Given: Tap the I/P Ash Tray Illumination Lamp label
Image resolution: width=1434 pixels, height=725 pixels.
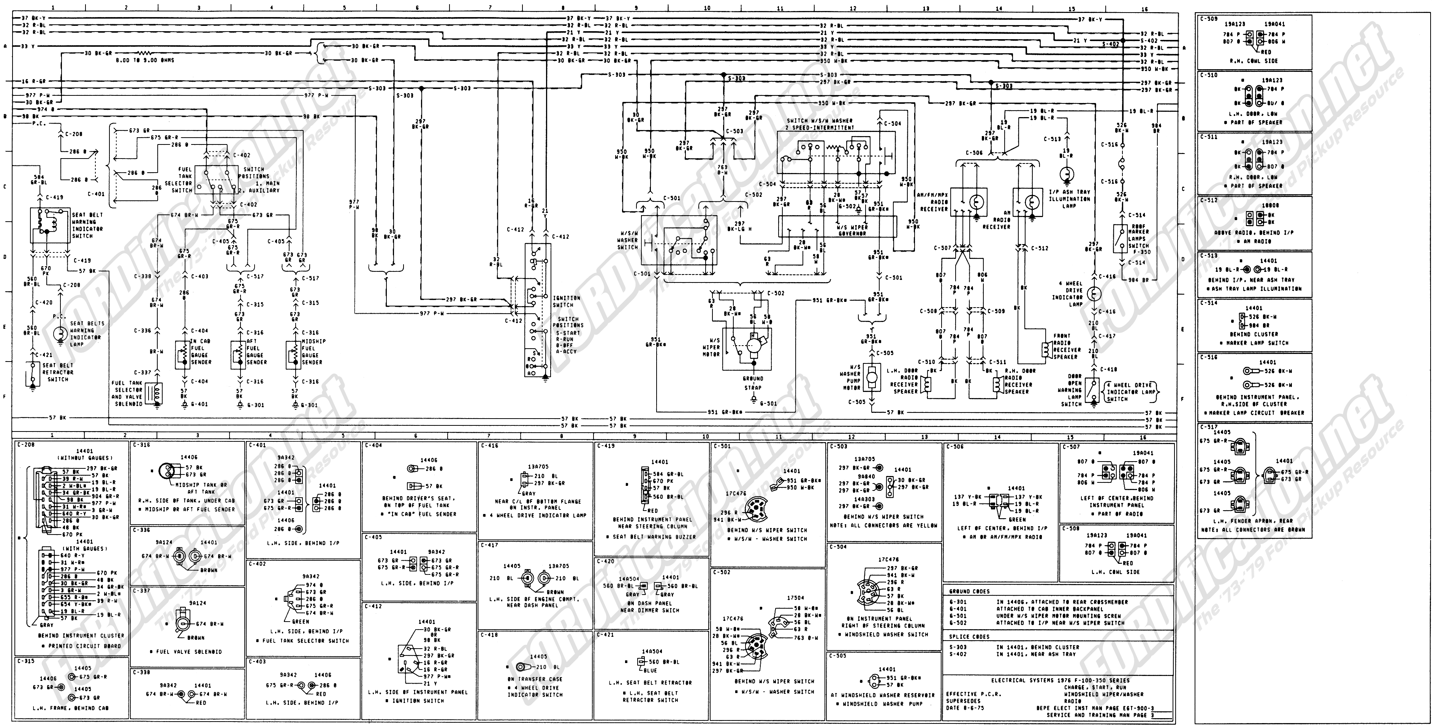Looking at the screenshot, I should [x=1069, y=199].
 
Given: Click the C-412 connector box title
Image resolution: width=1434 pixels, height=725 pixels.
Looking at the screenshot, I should [x=376, y=606].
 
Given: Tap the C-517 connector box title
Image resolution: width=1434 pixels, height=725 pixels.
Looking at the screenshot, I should [x=1209, y=427].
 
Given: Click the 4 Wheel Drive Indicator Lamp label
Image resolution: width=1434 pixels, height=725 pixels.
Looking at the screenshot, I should [x=1075, y=294].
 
